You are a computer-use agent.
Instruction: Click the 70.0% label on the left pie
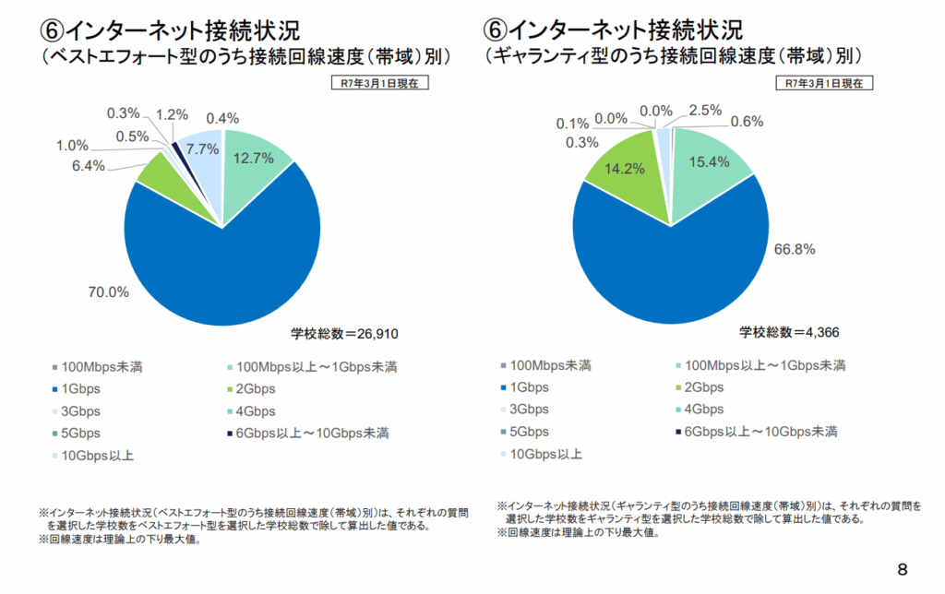[x=108, y=293]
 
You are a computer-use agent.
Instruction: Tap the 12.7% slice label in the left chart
[x=254, y=158]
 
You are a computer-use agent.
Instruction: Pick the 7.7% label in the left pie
[x=202, y=148]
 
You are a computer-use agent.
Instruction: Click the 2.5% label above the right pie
[x=706, y=111]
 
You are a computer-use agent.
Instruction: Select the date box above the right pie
[x=824, y=83]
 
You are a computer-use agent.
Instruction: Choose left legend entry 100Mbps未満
[x=101, y=366]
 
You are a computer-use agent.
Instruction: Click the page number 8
[x=902, y=569]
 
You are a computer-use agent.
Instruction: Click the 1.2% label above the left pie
[x=172, y=115]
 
